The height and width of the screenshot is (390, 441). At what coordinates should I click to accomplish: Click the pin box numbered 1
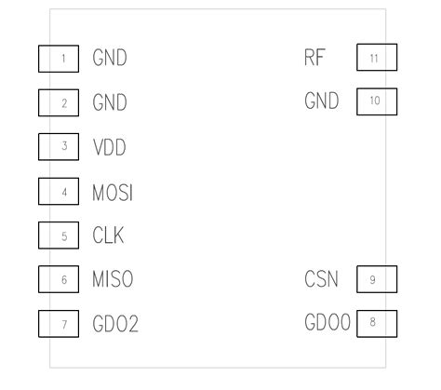click(x=58, y=58)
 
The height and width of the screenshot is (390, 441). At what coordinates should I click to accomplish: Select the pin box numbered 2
click(x=58, y=102)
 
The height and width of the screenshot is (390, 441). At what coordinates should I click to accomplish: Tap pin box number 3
click(x=58, y=147)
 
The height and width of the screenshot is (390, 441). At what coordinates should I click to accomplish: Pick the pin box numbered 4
click(x=58, y=192)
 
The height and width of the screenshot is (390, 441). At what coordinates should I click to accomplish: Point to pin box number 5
click(x=58, y=235)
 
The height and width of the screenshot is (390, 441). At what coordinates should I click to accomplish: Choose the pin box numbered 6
click(x=58, y=279)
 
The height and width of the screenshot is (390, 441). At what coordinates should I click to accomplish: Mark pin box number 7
click(x=58, y=324)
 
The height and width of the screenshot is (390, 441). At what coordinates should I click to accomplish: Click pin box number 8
click(x=377, y=323)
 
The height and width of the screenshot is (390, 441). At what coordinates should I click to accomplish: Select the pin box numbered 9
click(x=377, y=279)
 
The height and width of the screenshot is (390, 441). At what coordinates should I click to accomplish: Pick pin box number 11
click(x=377, y=58)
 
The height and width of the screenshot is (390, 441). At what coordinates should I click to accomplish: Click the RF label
click(x=314, y=58)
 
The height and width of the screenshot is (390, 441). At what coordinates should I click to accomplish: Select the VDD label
click(x=109, y=147)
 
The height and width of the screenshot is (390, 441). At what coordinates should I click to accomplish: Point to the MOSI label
click(x=113, y=192)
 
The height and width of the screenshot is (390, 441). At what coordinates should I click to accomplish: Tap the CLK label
click(x=108, y=235)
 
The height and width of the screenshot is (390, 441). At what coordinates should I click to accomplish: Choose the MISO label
click(x=113, y=279)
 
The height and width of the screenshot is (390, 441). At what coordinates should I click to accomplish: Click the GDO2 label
click(x=115, y=324)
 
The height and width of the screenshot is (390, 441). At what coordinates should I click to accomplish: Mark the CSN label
click(x=321, y=279)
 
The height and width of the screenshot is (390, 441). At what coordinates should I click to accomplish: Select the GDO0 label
click(x=327, y=323)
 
